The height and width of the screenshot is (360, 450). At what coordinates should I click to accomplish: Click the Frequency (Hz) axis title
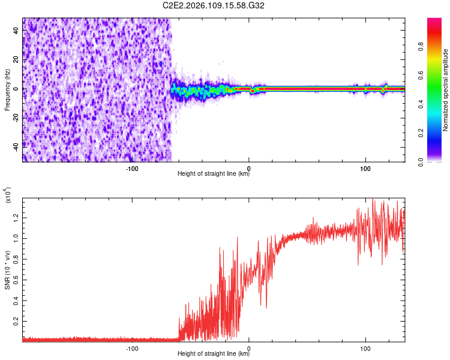7,90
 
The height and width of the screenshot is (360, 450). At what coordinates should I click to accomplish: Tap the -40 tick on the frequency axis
16,146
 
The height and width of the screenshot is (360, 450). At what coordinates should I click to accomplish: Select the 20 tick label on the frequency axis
17,60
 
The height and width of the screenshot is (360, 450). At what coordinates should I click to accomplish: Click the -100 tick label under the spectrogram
133,169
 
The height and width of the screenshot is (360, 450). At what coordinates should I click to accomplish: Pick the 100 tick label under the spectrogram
365,169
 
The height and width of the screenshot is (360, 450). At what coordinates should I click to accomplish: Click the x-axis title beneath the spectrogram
214,175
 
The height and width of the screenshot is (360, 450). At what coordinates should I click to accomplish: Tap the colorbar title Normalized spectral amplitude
446,90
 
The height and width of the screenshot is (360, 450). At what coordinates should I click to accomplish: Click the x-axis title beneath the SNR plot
214,354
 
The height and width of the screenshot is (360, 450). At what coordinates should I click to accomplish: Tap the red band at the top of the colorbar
434,24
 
